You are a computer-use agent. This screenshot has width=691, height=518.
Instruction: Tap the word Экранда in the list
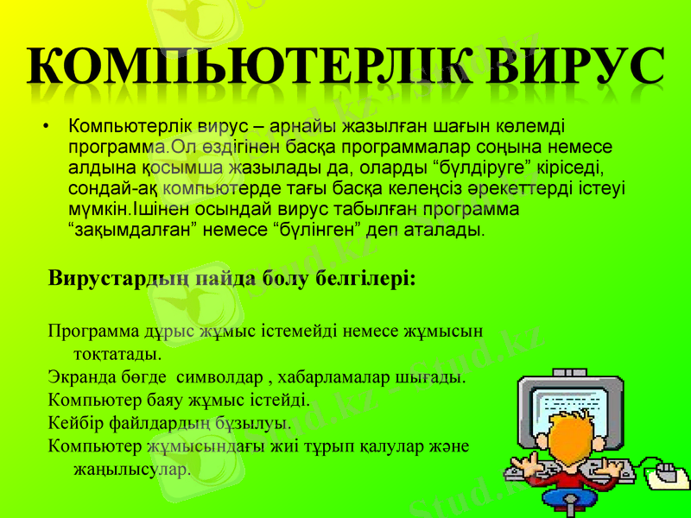pos(80,377)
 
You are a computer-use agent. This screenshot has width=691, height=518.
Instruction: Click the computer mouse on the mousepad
pos(666,472)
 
